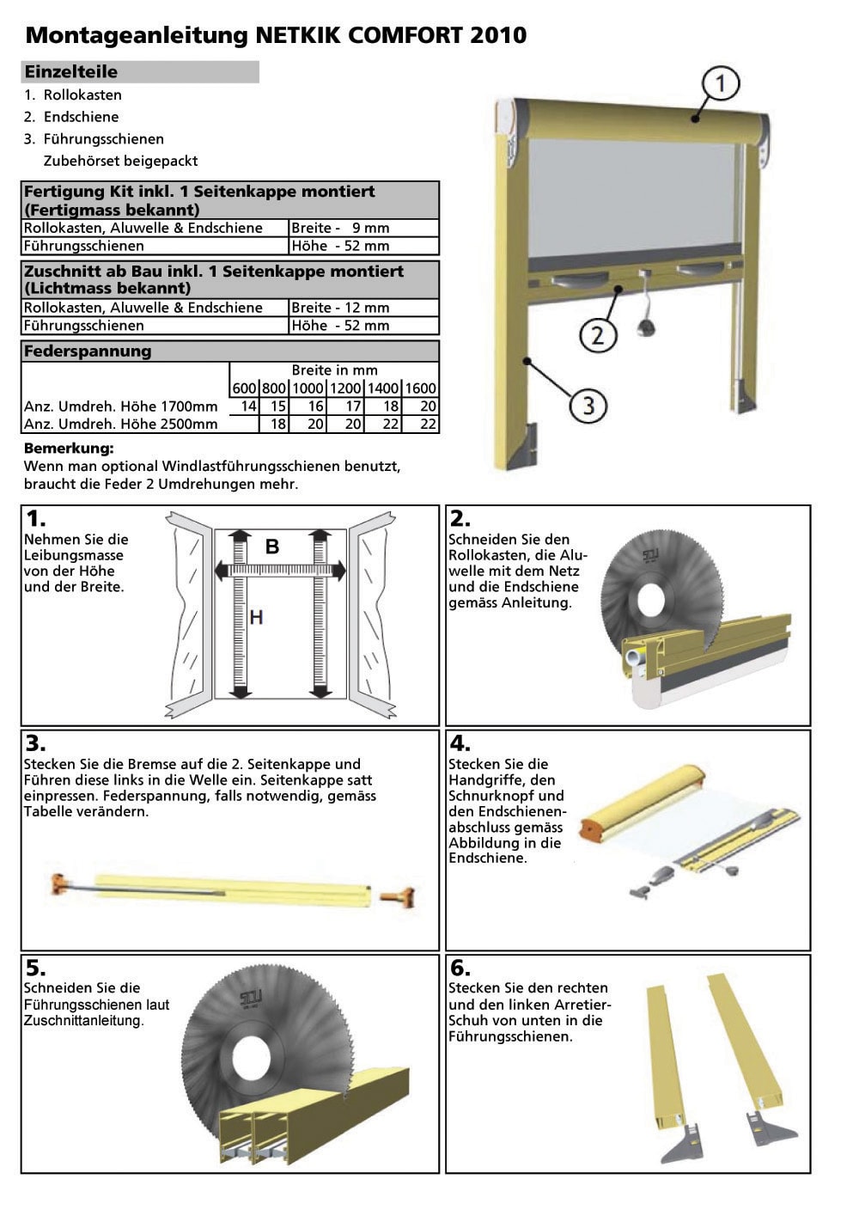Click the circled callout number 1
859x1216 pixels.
(721, 83)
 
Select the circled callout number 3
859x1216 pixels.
(588, 405)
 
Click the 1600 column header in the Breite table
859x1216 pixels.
(420, 388)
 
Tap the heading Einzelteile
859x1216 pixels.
(70, 72)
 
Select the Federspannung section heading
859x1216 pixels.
(88, 351)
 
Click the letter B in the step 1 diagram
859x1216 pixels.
(272, 547)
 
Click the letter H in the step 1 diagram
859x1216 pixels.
(256, 617)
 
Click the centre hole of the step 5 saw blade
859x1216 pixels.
(250, 1054)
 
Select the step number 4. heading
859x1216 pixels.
(460, 743)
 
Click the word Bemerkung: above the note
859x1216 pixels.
(69, 449)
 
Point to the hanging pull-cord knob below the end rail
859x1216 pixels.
(646, 327)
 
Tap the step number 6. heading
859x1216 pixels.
(460, 969)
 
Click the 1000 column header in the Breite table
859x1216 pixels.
(308, 388)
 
